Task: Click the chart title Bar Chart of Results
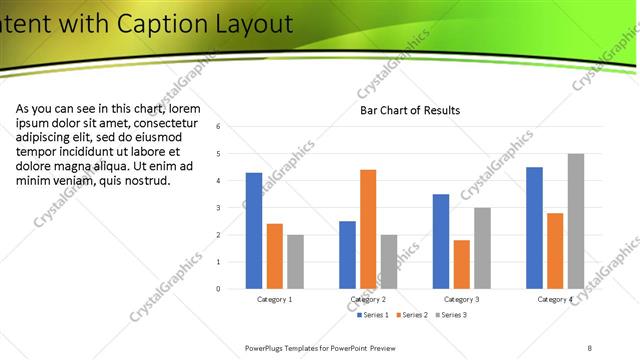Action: (x=410, y=110)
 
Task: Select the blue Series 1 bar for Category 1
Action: (x=254, y=230)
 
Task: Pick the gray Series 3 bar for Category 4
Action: (x=576, y=221)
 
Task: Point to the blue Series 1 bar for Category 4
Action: (x=534, y=227)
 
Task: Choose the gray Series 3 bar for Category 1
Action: (x=295, y=261)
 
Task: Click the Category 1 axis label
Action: (x=275, y=299)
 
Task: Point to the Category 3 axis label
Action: (x=461, y=299)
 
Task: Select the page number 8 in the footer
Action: (x=590, y=347)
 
